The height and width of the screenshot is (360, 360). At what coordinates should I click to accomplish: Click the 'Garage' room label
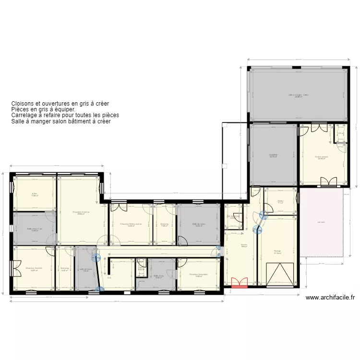277,251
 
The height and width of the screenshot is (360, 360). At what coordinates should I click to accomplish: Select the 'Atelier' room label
280,202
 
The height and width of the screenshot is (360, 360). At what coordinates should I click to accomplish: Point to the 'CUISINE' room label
273,155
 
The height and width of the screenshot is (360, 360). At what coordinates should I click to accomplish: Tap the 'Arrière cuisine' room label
322,157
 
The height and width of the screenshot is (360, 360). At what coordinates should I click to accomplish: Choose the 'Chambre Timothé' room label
34,268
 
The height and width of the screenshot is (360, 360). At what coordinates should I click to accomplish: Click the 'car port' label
321,222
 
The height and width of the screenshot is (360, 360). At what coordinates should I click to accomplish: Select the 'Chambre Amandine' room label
198,275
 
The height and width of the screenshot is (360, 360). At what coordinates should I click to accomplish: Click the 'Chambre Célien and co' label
131,224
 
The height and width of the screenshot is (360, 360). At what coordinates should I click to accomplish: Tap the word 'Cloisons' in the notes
22,103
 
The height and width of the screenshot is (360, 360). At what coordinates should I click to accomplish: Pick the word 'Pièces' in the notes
19,109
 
